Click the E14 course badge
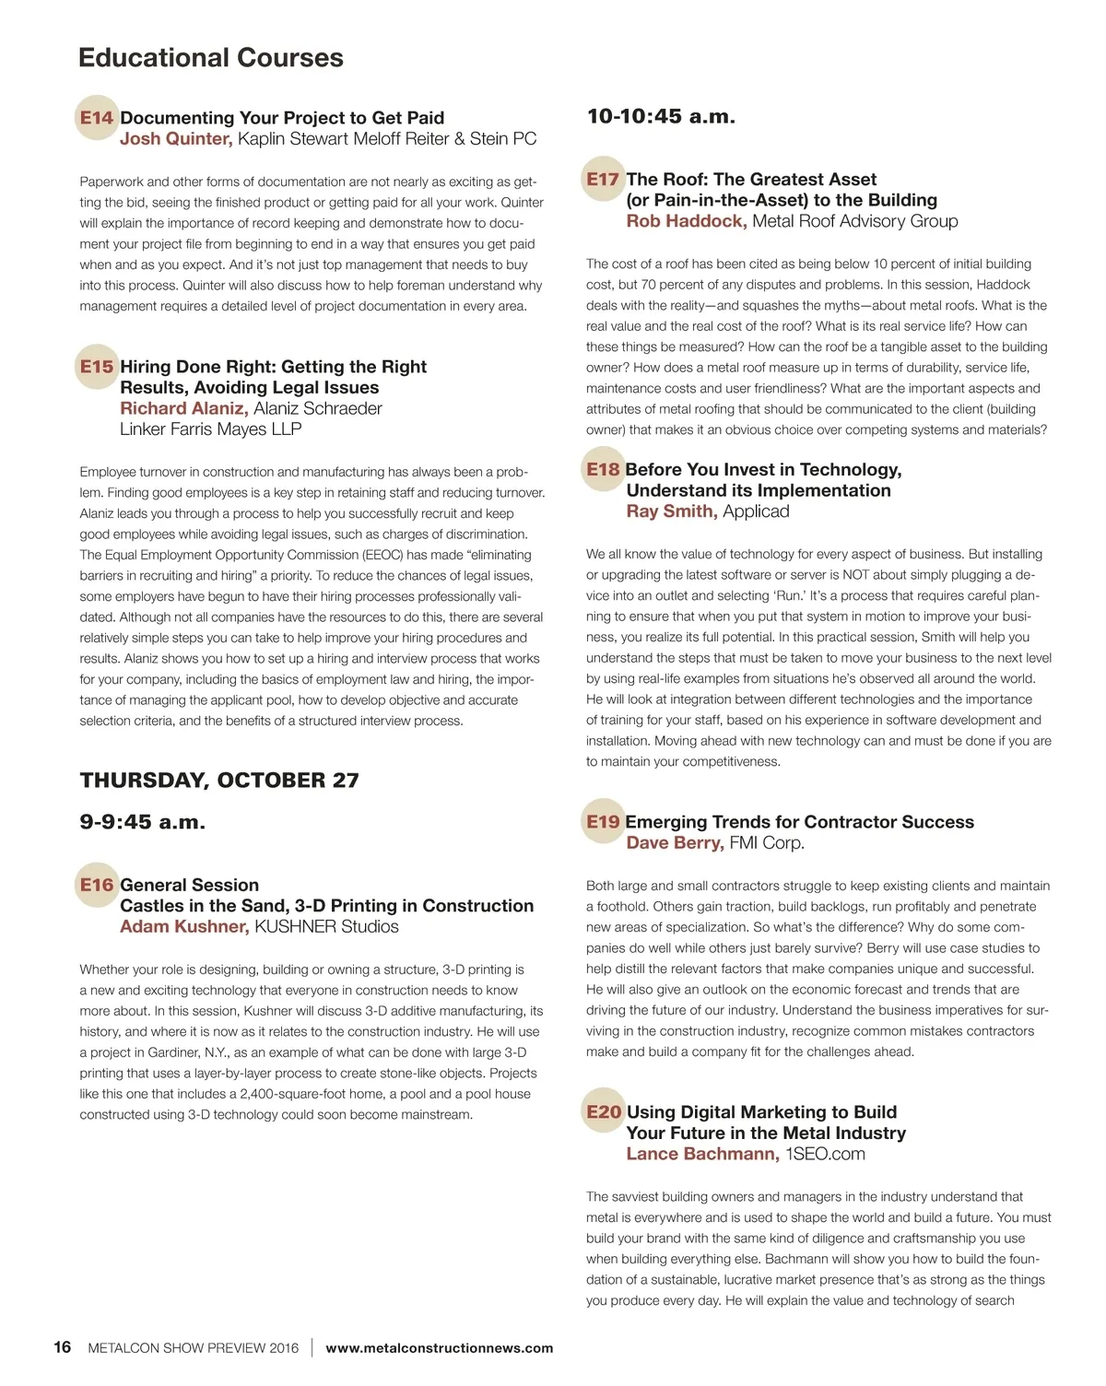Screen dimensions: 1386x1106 pos(96,118)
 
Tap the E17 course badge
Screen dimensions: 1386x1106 pos(603,179)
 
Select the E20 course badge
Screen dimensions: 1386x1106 pos(604,1112)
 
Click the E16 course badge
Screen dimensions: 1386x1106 pos(96,885)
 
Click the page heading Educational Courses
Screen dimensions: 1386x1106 pos(210,57)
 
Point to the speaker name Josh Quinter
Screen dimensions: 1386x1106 pos(175,139)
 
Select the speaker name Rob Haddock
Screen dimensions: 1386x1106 pos(686,221)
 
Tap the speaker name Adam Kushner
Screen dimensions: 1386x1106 pos(183,927)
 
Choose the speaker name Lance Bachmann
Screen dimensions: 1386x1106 pos(702,1155)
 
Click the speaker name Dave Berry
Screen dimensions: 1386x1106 pos(675,843)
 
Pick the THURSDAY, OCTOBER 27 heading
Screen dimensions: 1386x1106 pos(219,781)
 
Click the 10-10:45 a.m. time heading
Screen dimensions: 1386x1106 pos(661,117)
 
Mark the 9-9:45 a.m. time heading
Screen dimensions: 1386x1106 pos(142,822)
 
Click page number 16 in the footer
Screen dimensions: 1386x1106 pos(62,1347)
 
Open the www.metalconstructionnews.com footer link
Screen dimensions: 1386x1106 pos(440,1348)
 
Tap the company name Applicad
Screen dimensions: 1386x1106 pos(756,511)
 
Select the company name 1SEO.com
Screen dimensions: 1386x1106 pos(825,1155)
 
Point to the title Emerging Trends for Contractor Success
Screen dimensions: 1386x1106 pos(799,822)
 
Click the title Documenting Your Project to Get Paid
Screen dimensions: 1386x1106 pos(282,118)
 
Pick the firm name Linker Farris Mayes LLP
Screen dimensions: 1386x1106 pos(210,429)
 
